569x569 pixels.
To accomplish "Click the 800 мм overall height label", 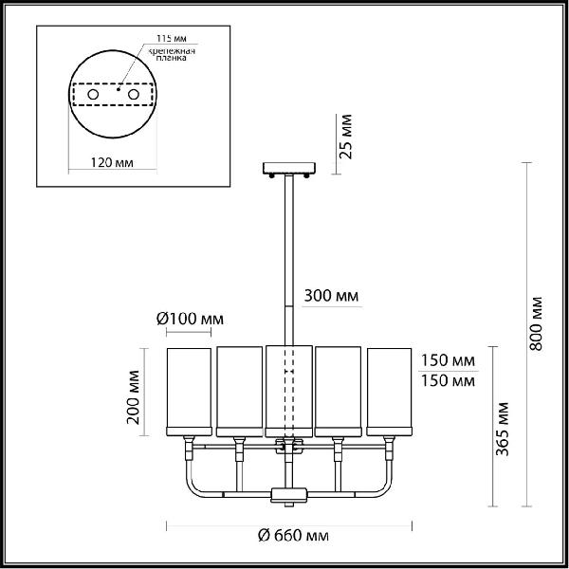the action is (536, 323).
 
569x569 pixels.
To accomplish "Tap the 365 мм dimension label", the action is (503, 429).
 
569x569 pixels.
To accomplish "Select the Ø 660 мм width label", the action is (293, 535).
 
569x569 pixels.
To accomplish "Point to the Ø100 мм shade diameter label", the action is (190, 319).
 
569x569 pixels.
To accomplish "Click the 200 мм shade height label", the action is (133, 397).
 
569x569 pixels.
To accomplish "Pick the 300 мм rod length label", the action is (331, 296).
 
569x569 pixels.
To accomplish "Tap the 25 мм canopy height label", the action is (345, 137).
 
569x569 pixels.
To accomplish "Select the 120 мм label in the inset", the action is (112, 162).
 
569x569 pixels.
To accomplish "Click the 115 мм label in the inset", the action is (172, 38).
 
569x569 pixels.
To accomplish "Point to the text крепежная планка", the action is (172, 54).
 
